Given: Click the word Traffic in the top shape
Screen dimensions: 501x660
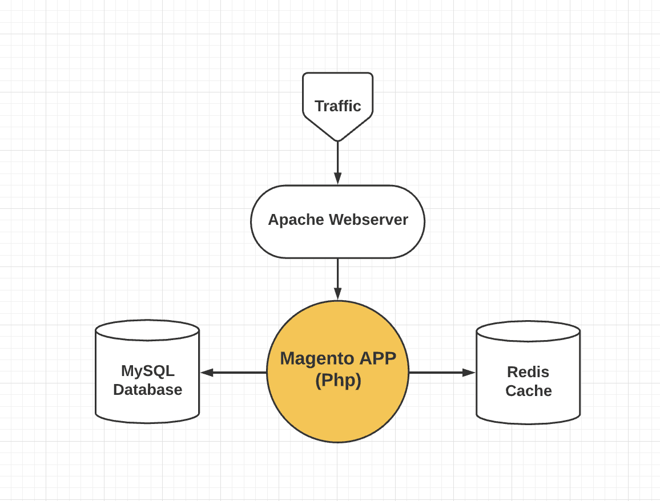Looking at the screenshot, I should click(337, 106).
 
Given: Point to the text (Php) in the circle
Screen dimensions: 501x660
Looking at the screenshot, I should click(338, 380).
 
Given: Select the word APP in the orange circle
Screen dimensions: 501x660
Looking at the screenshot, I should click(377, 358).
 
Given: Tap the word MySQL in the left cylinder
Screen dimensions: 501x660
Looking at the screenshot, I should click(147, 371).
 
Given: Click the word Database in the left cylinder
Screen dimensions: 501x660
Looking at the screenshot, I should click(147, 390).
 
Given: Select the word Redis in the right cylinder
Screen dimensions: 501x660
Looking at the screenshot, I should click(528, 372).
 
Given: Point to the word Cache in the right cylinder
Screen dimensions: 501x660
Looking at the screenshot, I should click(528, 391).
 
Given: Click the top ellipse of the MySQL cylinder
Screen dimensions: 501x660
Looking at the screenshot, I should click(147, 330).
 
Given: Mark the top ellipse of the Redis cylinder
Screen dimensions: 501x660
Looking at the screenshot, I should click(528, 332).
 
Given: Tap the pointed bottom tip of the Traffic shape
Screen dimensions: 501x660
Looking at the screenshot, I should click(337, 139).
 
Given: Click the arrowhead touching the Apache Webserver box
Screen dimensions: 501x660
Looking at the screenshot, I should click(337, 179).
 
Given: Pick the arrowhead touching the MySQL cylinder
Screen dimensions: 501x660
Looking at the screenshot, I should click(207, 373).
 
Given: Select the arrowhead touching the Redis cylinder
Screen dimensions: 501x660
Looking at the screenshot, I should click(469, 373).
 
